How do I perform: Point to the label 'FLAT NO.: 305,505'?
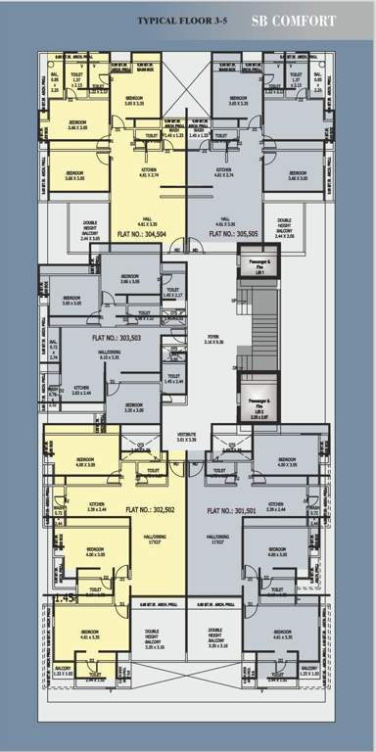click(229, 235)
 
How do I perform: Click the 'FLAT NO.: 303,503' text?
click(117, 337)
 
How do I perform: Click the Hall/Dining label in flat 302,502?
click(150, 540)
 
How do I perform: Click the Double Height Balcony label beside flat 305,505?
click(284, 229)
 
